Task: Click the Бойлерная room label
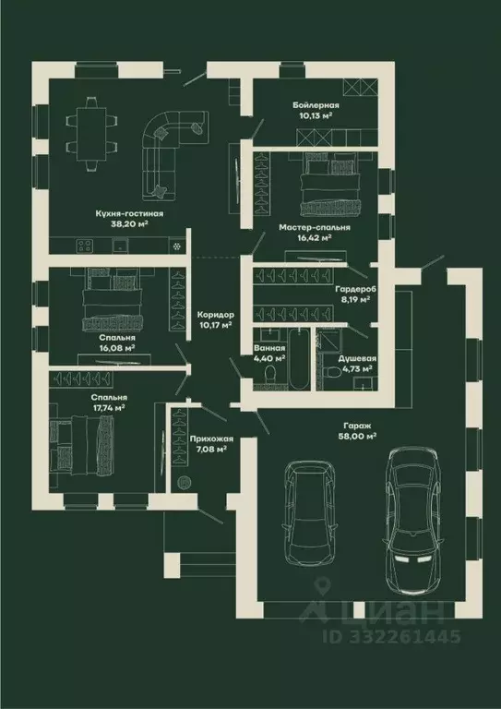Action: point(316,106)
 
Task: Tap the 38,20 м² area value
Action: point(129,223)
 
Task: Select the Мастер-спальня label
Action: point(315,227)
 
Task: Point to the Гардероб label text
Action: point(356,289)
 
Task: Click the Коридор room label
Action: point(216,314)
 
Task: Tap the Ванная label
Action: point(269,348)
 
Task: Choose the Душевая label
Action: point(357,358)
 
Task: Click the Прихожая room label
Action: point(211,439)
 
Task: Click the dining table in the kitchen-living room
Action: point(91,134)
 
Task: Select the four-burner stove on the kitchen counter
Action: point(85,246)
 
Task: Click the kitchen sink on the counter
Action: point(120,246)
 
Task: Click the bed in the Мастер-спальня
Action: point(330,184)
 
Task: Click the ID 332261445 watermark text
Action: point(392,637)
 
